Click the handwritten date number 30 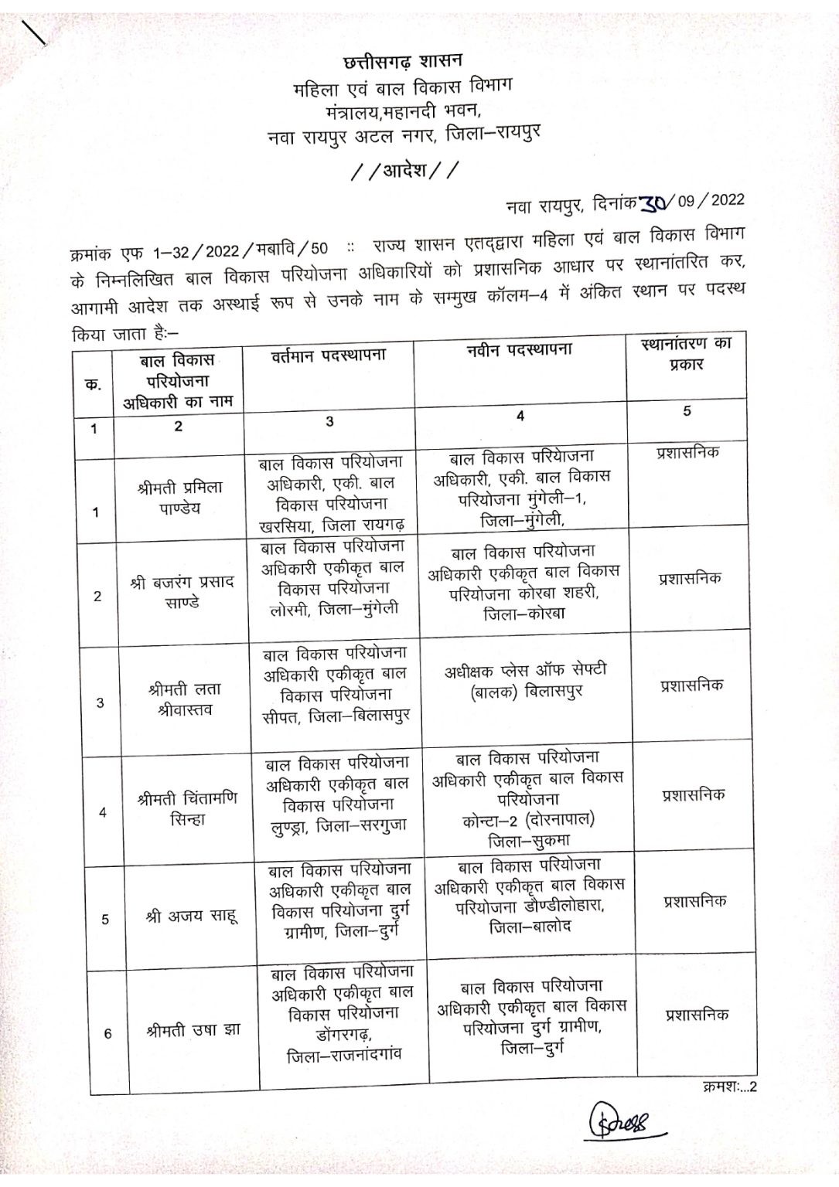coord(656,203)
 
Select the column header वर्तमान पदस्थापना coord(328,356)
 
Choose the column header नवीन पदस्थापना coord(519,350)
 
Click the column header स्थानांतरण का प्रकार coord(686,354)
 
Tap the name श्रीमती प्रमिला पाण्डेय coord(179,498)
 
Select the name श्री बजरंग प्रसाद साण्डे coord(182,591)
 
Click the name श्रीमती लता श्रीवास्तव coord(184,699)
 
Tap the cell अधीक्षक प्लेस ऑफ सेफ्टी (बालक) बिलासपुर coord(526,681)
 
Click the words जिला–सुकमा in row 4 coord(530,840)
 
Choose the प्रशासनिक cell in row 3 coord(692,685)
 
